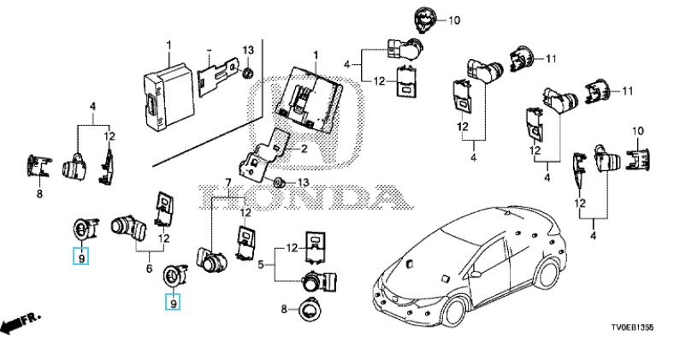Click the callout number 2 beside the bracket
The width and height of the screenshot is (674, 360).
coord(301,149)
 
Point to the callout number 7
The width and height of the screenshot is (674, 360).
coord(228,181)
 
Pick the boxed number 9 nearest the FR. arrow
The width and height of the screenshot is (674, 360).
coord(80,255)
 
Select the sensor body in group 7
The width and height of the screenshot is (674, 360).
coord(210,258)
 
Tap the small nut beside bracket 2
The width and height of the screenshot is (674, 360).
coord(280,184)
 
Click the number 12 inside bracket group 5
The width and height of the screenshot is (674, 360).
coord(290,248)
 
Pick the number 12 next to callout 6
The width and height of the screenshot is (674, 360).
coord(162,239)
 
